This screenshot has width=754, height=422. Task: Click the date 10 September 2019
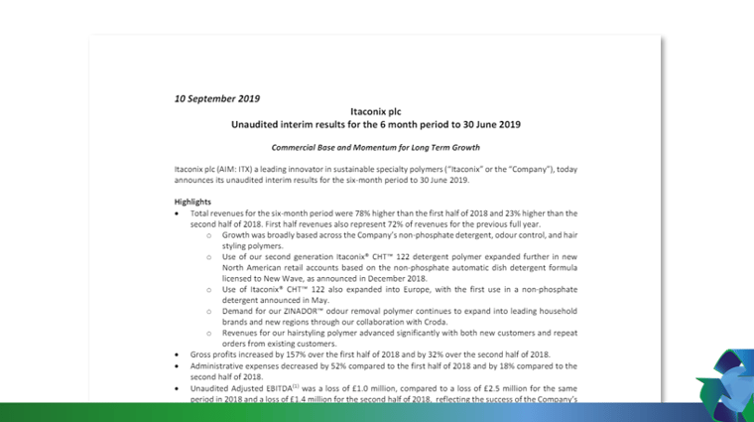(x=217, y=98)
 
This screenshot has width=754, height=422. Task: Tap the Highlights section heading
(x=192, y=202)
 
